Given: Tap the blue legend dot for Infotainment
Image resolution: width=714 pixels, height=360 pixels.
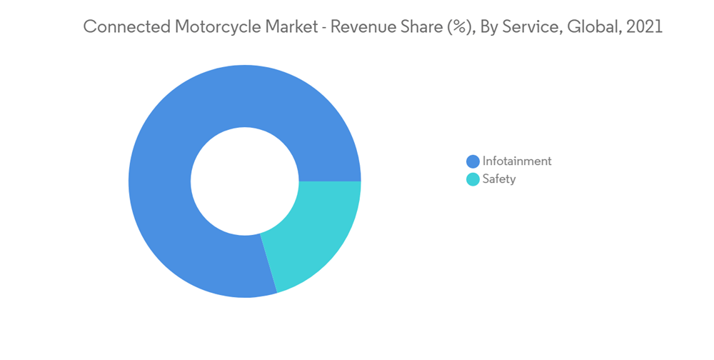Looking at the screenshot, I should pyautogui.click(x=473, y=161).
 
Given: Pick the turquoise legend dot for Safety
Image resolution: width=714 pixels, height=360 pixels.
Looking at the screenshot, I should pyautogui.click(x=473, y=179).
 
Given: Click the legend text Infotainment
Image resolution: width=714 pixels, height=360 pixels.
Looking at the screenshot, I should pyautogui.click(x=517, y=161).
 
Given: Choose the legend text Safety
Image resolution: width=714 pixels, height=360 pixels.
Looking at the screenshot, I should pyautogui.click(x=499, y=179).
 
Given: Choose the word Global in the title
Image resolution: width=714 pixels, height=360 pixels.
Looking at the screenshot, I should pyautogui.click(x=593, y=27).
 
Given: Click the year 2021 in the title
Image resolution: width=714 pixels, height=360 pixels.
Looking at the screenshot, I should pyautogui.click(x=645, y=27).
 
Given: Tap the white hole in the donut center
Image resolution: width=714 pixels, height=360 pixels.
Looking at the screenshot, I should pyautogui.click(x=245, y=181).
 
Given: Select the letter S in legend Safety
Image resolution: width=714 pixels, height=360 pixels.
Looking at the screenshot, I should pyautogui.click(x=486, y=179).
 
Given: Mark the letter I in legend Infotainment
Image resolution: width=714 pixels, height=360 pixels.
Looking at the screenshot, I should pyautogui.click(x=484, y=161).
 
